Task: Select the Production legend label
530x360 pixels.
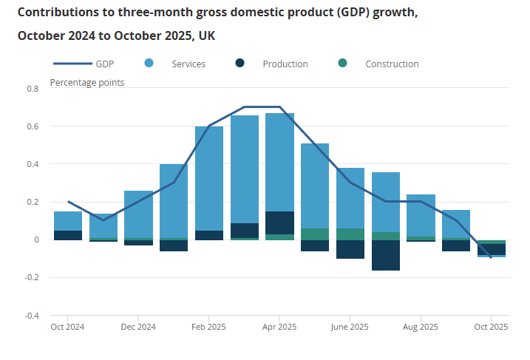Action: coord(285,64)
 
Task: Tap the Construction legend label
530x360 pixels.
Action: coord(392,64)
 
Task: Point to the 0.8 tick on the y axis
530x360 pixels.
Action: coord(33,89)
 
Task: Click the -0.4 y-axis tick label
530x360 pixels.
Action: coord(32,316)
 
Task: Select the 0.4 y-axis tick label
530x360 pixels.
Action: coord(33,164)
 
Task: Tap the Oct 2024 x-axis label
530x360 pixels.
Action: coord(67,327)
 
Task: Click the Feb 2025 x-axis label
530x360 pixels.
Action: coord(208,327)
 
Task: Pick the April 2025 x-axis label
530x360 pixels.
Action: coord(279,327)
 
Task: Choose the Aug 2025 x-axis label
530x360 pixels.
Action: coord(421,327)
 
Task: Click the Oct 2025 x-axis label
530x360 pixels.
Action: coord(491,327)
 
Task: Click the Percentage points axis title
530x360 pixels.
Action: coord(87,82)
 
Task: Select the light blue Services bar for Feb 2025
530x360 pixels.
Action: coord(209,177)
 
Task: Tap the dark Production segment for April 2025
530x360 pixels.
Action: coord(280,223)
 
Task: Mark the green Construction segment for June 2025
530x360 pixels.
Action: coord(350,234)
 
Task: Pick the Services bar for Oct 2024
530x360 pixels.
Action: coord(68,221)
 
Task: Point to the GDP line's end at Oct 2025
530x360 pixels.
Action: coord(491,257)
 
